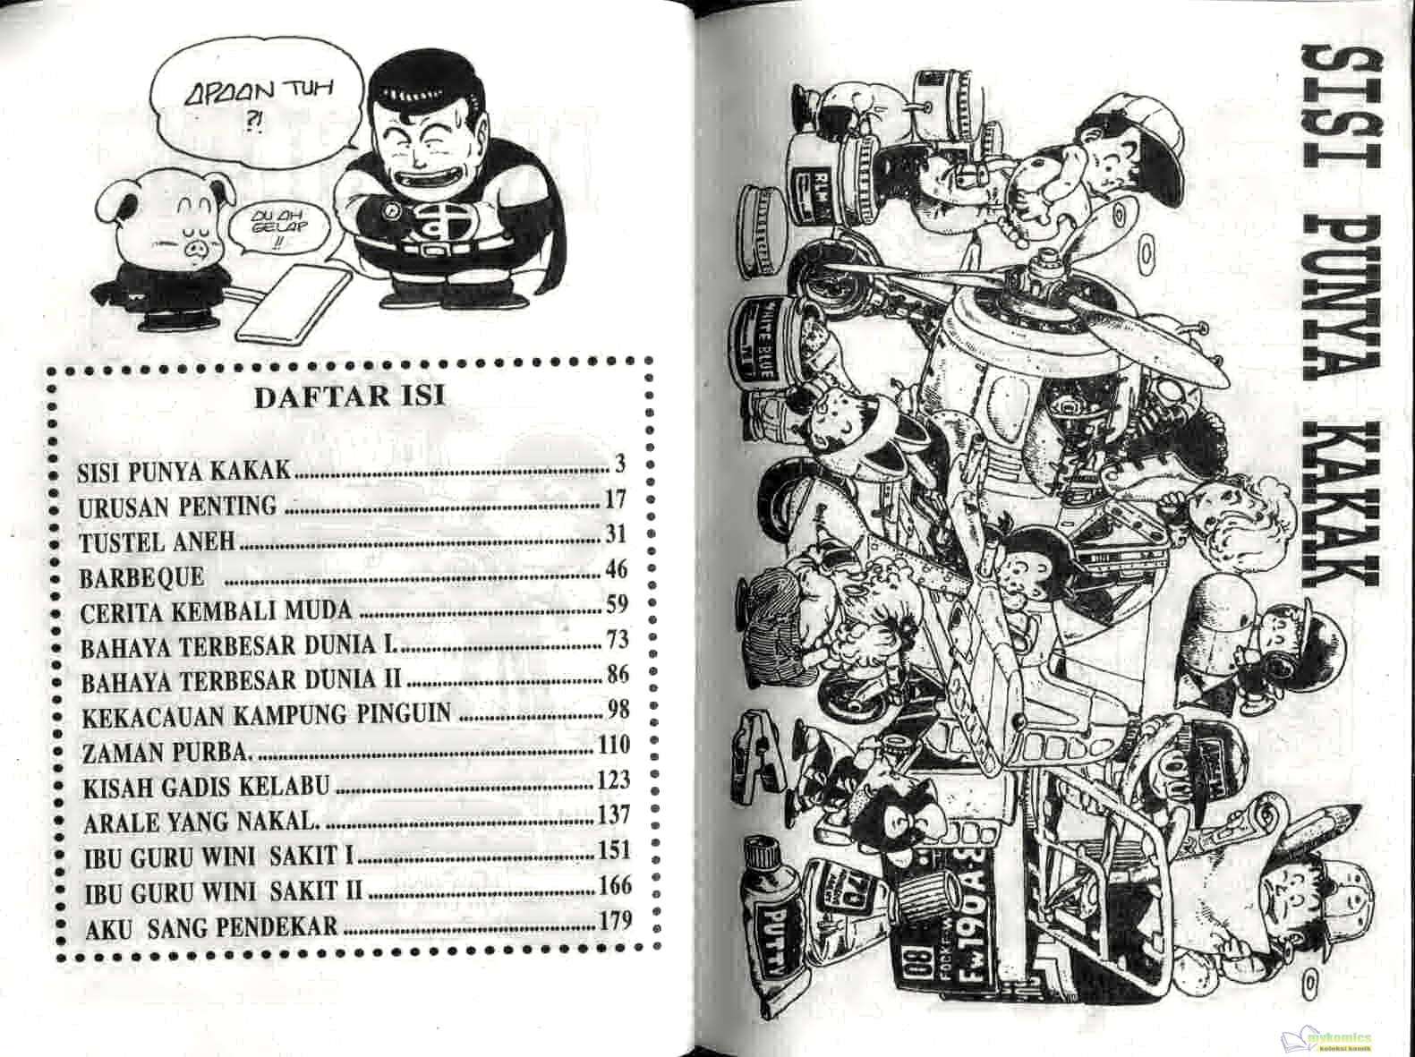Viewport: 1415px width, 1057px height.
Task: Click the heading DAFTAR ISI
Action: pyautogui.click(x=349, y=397)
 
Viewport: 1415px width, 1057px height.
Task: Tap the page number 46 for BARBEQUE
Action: pyautogui.click(x=617, y=570)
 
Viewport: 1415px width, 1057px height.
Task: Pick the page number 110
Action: pyautogui.click(x=612, y=746)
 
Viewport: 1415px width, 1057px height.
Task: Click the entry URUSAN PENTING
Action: pyautogui.click(x=178, y=507)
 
